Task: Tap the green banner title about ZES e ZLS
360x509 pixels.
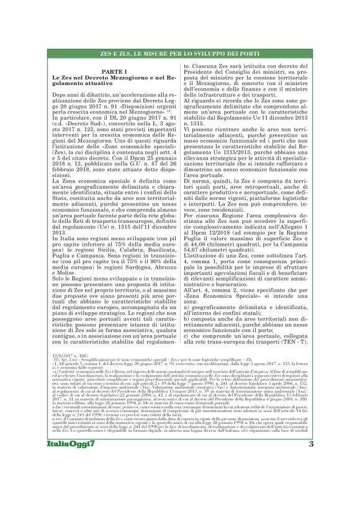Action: (x=179, y=55)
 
